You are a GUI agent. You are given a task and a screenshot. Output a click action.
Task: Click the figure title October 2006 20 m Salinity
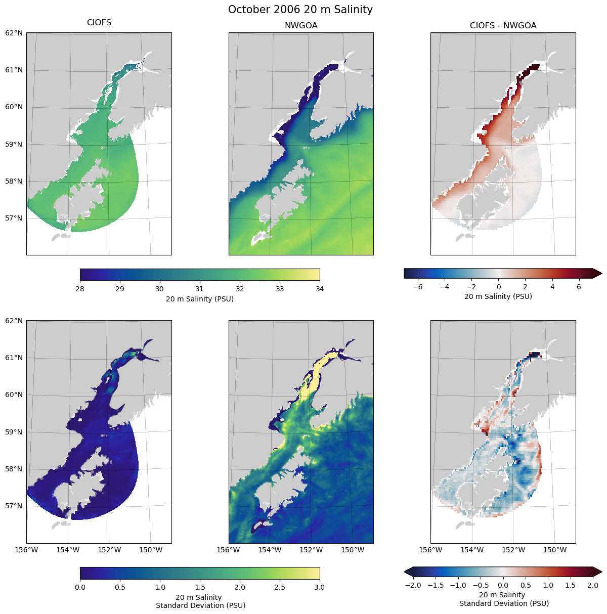pos(300,10)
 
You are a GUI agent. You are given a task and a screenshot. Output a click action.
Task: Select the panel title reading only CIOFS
pos(99,23)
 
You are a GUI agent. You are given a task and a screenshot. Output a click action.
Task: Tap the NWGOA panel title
pos(301,26)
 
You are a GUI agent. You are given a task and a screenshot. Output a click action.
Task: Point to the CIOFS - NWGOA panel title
pos(503,26)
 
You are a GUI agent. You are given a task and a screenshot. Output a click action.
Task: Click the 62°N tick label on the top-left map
pos(14,33)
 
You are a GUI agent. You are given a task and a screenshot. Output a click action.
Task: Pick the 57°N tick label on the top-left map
pos(14,218)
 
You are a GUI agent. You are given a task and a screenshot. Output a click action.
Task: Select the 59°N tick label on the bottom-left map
pos(14,432)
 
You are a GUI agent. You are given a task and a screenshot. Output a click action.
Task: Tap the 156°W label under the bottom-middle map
pos(228,550)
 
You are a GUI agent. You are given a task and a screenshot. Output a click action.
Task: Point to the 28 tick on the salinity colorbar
pos(80,289)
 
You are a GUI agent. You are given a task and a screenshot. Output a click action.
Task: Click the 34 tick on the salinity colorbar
pos(320,289)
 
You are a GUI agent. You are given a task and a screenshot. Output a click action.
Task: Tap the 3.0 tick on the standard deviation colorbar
pos(320,587)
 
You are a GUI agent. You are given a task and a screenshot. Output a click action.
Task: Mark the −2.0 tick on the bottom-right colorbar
pos(413,585)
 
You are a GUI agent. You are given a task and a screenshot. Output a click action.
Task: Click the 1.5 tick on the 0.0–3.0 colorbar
pos(200,587)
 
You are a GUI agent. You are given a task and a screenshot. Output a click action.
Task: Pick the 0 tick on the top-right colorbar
pos(498,287)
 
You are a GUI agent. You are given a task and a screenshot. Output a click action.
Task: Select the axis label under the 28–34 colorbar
pos(200,299)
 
